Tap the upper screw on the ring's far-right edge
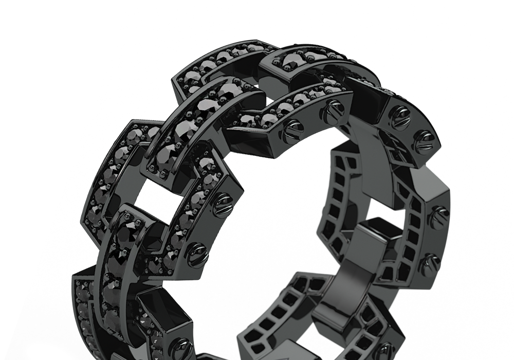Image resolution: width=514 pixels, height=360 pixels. coord(438,217)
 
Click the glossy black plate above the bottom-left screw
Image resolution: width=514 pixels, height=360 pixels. coord(164,314)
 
